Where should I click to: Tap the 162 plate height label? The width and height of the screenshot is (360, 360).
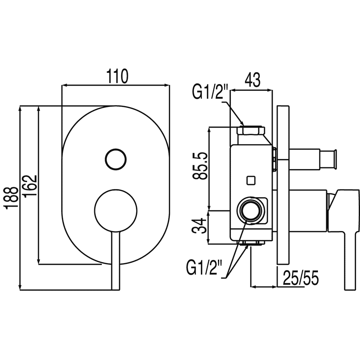coord(30,185)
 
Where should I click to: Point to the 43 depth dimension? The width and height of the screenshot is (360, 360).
coord(253,80)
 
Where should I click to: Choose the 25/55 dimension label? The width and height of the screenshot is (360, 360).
coord(301,278)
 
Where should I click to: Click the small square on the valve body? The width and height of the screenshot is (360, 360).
coord(251,180)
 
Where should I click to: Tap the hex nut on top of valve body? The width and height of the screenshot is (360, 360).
coord(251,130)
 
